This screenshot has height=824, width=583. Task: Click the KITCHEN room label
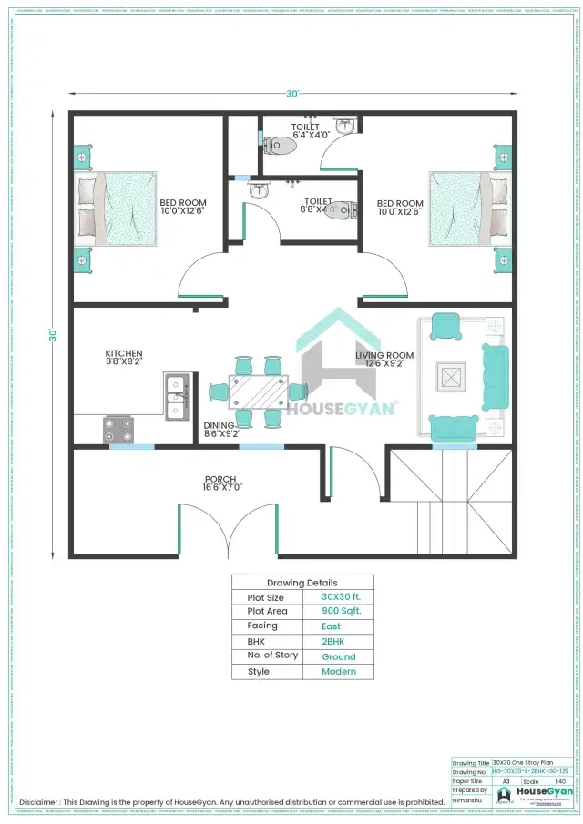point(123,354)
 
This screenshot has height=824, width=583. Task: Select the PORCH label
point(220,479)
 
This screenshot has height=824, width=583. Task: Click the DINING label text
point(219,425)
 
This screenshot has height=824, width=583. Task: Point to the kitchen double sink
point(177,394)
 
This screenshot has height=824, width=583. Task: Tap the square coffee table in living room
point(451,376)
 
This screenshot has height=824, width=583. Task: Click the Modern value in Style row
point(339,672)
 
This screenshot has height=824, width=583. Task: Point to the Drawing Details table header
point(302,583)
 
